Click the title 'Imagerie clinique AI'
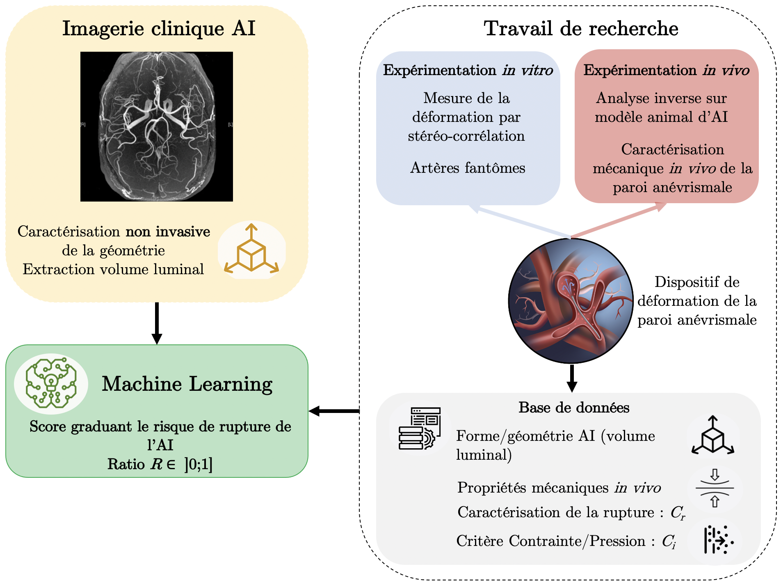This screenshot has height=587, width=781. click(159, 29)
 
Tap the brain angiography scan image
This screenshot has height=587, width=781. click(157, 126)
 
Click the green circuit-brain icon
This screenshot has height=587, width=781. click(51, 383)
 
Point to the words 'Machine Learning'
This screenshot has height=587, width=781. click(187, 384)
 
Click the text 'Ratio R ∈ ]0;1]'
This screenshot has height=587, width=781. click(160, 464)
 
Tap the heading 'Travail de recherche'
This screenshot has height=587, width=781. click(581, 29)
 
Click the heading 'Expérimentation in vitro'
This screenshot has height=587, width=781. click(468, 70)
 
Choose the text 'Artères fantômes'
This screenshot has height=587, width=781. click(468, 168)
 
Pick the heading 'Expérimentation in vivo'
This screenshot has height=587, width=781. click(667, 70)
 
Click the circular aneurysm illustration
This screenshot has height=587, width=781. click(571, 301)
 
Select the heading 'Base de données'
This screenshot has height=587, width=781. click(574, 408)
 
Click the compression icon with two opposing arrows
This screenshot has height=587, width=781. click(715, 488)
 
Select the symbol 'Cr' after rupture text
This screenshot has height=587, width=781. click(678, 513)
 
